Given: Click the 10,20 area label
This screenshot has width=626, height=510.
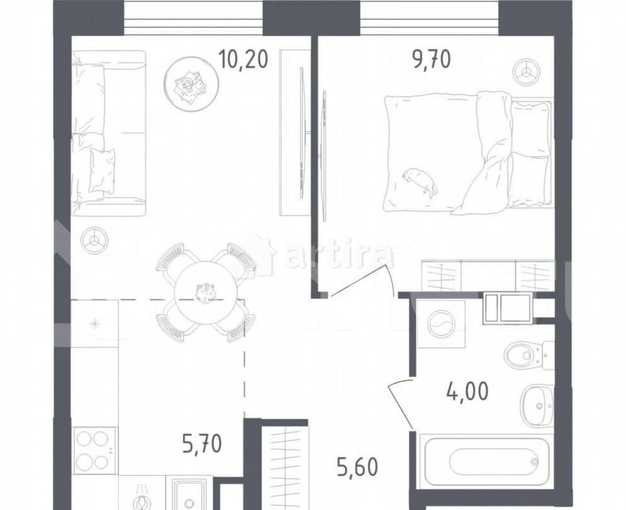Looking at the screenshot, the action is pyautogui.click(x=242, y=60).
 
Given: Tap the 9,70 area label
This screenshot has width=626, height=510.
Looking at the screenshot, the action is pyautogui.click(x=431, y=60).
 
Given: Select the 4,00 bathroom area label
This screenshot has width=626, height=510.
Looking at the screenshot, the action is pyautogui.click(x=467, y=391).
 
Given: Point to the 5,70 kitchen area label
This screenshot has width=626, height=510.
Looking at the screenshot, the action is pyautogui.click(x=202, y=444).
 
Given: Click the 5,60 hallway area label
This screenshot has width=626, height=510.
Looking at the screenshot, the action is pyautogui.click(x=357, y=467).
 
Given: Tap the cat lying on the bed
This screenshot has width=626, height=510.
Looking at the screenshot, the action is pyautogui.click(x=420, y=182).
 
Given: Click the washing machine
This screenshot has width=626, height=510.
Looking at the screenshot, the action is pyautogui.click(x=441, y=324).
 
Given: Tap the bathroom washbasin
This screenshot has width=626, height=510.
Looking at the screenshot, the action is pyautogui.click(x=537, y=404).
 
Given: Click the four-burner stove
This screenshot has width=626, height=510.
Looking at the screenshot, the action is pyautogui.click(x=94, y=450).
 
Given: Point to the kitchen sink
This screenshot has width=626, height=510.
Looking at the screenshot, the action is pyautogui.click(x=190, y=494).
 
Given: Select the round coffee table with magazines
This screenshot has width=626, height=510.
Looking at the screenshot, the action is pyautogui.click(x=191, y=84).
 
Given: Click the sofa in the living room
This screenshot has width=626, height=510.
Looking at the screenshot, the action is pyautogui.click(x=108, y=133).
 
